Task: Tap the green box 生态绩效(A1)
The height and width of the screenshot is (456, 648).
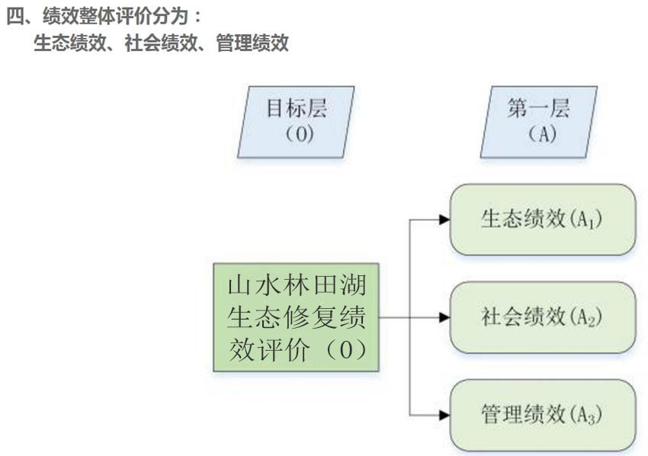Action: (x=542, y=220)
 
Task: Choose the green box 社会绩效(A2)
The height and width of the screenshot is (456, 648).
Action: (x=542, y=317)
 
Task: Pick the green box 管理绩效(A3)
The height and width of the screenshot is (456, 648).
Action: (x=542, y=415)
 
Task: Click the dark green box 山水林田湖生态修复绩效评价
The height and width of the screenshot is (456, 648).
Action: (x=296, y=317)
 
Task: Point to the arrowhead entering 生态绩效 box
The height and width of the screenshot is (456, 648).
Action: (x=444, y=220)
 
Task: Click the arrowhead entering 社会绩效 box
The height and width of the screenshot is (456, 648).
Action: (x=444, y=317)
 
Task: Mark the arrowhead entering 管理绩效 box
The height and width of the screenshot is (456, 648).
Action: (x=444, y=415)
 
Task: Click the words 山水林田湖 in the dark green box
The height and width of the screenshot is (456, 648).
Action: (x=296, y=287)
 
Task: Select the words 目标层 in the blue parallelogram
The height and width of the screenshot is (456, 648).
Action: (x=296, y=109)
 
